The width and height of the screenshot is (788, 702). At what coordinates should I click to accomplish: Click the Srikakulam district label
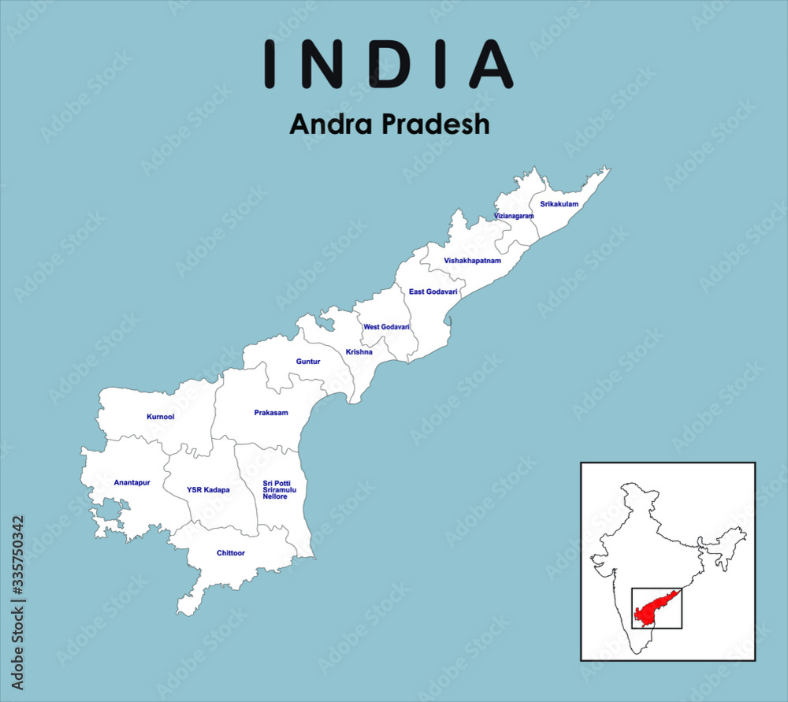coord(559,204)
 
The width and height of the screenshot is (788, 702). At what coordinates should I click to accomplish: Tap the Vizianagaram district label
coord(514,216)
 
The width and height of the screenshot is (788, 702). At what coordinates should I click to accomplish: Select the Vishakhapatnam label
coord(472,260)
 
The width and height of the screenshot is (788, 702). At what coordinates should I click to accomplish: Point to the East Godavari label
coord(433,292)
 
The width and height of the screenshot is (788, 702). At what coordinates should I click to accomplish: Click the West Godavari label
coord(386,327)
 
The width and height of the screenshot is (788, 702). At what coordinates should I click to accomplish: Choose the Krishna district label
coord(359,352)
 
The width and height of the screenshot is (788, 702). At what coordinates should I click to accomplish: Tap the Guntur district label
coord(308,362)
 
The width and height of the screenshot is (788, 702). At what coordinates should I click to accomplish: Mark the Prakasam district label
coord(270,413)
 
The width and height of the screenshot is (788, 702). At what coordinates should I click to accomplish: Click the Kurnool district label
coord(160,416)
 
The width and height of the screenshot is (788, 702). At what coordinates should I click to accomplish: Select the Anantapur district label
coord(132,482)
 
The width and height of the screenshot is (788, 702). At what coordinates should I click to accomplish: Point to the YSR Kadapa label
coord(208,490)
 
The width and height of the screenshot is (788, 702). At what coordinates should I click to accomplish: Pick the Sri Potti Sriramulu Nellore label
coord(281,489)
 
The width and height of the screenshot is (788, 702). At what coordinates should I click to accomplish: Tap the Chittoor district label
coord(231,553)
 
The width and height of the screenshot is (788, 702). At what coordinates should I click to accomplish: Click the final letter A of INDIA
coord(492,64)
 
